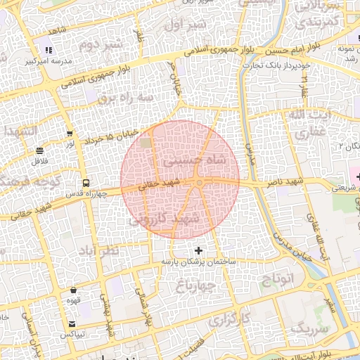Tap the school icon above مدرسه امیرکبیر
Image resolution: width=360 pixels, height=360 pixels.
[x=49, y=50]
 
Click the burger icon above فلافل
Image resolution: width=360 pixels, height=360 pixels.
[x=39, y=150]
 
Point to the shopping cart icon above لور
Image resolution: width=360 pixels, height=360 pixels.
[x=70, y=133]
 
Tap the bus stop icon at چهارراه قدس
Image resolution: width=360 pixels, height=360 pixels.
[x=85, y=183]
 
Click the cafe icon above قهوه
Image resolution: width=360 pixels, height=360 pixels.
[x=73, y=290]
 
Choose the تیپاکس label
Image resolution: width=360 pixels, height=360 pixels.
[x=72, y=334]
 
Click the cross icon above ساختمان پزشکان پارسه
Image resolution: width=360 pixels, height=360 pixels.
[x=198, y=250]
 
